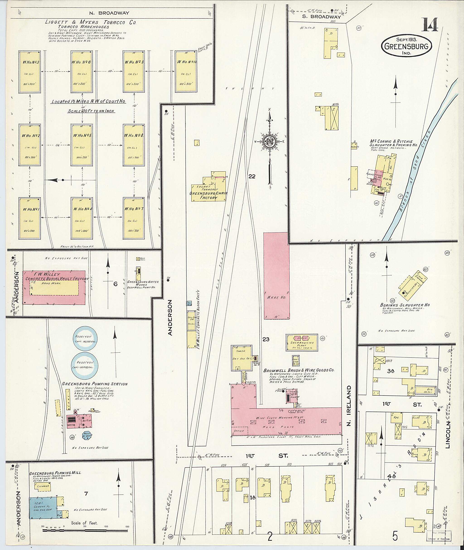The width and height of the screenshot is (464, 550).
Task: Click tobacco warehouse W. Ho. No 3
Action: click(29, 72)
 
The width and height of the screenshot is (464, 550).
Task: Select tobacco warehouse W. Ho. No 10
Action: click(186, 72)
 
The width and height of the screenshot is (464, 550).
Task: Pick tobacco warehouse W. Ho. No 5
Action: click(82, 145)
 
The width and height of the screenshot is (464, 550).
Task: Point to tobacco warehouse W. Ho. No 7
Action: click(134, 218)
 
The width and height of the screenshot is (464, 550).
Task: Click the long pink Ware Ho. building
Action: click(276, 276)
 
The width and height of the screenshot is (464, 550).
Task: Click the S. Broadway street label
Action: click(321, 17)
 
